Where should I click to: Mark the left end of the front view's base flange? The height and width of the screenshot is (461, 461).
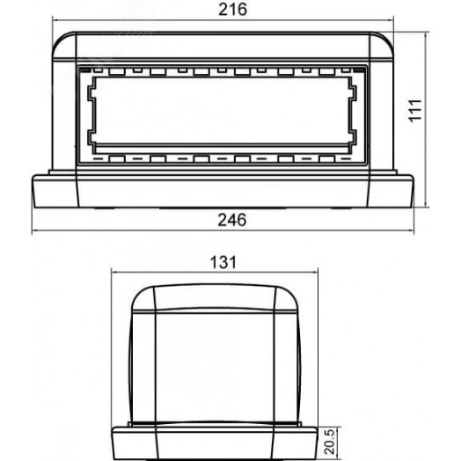click(x=34, y=189)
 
